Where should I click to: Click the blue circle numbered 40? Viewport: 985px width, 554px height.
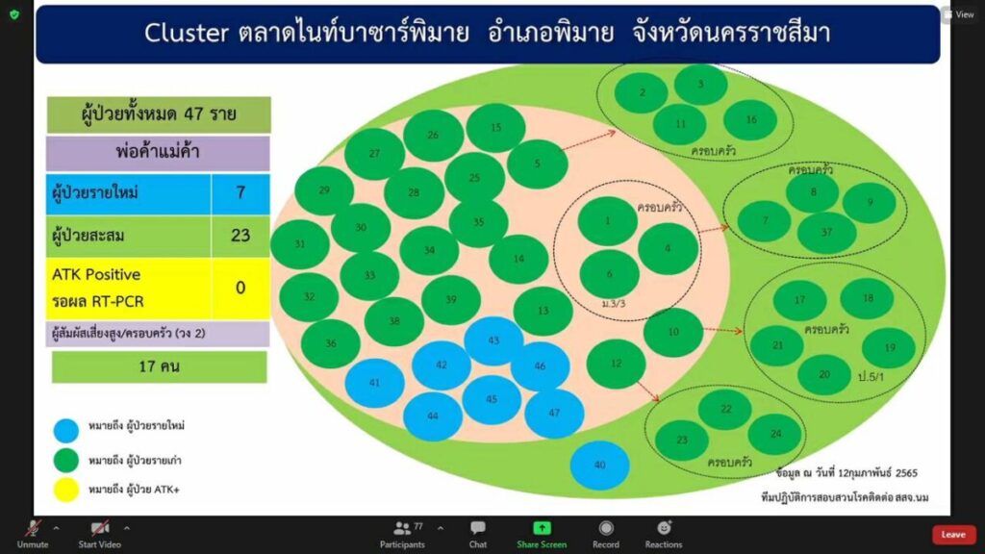click(599, 466)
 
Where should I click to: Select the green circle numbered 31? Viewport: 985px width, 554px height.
click(300, 244)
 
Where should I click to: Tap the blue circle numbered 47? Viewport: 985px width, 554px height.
click(554, 414)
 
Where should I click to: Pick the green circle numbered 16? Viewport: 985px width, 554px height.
click(750, 119)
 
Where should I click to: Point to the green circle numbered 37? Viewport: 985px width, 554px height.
click(826, 233)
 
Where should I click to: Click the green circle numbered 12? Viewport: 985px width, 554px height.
click(616, 364)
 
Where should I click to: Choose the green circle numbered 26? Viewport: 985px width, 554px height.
click(434, 135)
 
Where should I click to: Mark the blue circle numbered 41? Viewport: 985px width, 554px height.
click(374, 383)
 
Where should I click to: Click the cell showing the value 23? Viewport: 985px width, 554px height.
click(240, 236)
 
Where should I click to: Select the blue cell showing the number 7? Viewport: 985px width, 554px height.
click(240, 192)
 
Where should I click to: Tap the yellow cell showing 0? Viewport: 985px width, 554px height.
click(240, 289)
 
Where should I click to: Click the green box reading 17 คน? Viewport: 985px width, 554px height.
click(159, 366)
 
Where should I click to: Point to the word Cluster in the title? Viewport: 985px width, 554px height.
click(186, 33)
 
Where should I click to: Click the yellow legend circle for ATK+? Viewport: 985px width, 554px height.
click(66, 490)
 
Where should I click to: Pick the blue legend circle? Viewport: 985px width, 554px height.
click(66, 430)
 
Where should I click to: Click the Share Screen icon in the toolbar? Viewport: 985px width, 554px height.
click(542, 528)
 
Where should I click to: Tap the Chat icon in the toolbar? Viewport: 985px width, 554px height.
click(477, 528)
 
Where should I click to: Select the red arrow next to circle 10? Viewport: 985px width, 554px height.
click(723, 330)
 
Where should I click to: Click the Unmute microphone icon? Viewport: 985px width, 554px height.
click(33, 528)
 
